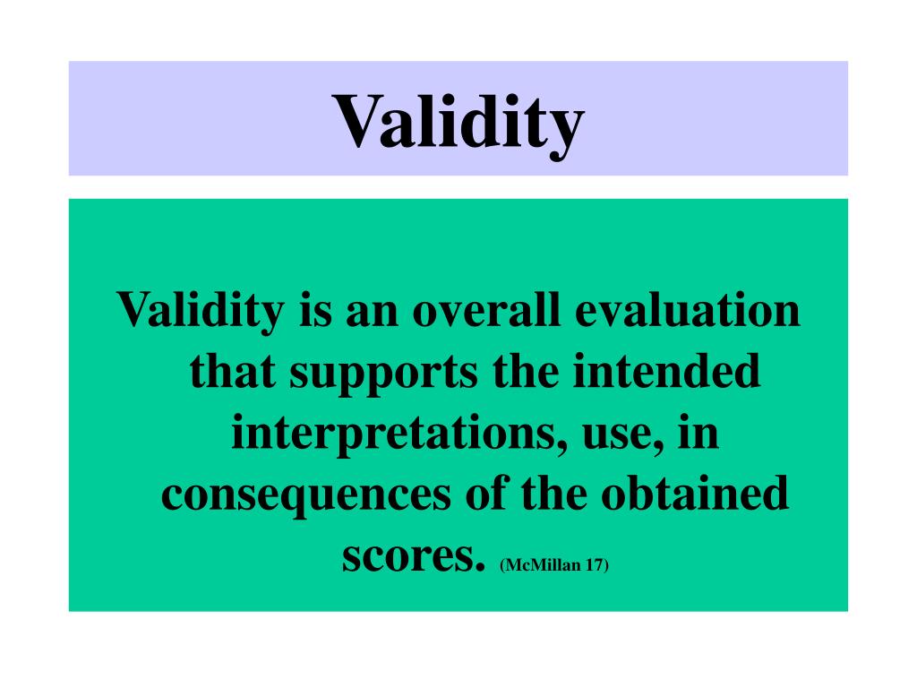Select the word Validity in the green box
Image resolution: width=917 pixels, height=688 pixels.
click(201, 312)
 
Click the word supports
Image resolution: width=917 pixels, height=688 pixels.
click(383, 374)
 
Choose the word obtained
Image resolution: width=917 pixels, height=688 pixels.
click(695, 493)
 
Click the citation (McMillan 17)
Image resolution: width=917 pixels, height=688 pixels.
click(554, 565)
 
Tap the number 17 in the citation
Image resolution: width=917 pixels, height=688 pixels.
click(596, 565)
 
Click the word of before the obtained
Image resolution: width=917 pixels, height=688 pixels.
click(486, 493)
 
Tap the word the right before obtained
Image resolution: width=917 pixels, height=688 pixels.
click(554, 493)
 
